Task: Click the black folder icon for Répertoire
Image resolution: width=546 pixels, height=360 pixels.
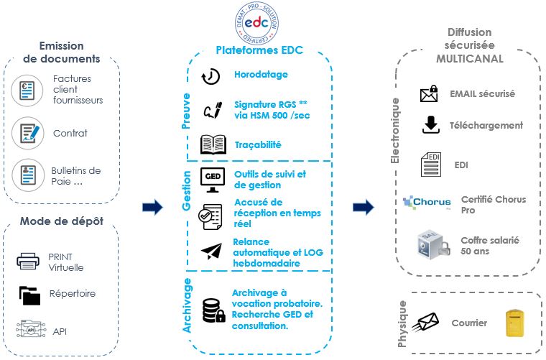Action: [x=29, y=295]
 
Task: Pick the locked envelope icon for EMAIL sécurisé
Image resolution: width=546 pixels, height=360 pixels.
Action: [x=429, y=93]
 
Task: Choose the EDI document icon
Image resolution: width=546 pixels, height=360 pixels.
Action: [x=431, y=164]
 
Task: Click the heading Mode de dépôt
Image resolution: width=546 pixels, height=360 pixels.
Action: [x=61, y=221]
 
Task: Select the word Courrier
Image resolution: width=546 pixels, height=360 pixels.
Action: [x=469, y=323]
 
